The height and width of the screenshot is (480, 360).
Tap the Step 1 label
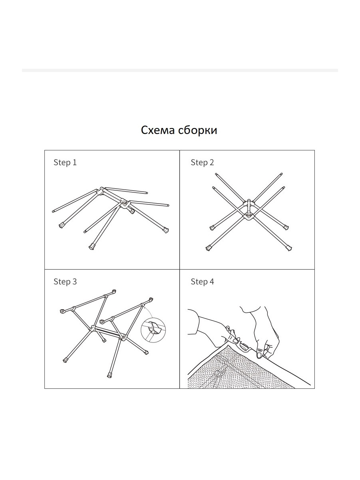[x=65, y=163]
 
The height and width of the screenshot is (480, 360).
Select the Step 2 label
[x=202, y=163]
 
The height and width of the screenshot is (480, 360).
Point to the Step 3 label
[x=65, y=282]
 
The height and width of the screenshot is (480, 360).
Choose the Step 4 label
[x=202, y=282]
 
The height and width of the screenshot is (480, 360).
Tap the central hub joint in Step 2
[x=248, y=210]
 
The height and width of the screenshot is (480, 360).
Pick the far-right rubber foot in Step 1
[x=166, y=230]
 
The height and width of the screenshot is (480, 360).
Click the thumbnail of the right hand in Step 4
[x=259, y=354]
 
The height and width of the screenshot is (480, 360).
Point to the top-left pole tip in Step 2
[x=216, y=174]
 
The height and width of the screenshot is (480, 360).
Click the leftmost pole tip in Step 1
[x=53, y=212]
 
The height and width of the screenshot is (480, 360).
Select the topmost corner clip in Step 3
[x=114, y=292]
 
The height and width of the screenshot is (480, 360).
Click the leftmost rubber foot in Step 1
[x=62, y=225]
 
